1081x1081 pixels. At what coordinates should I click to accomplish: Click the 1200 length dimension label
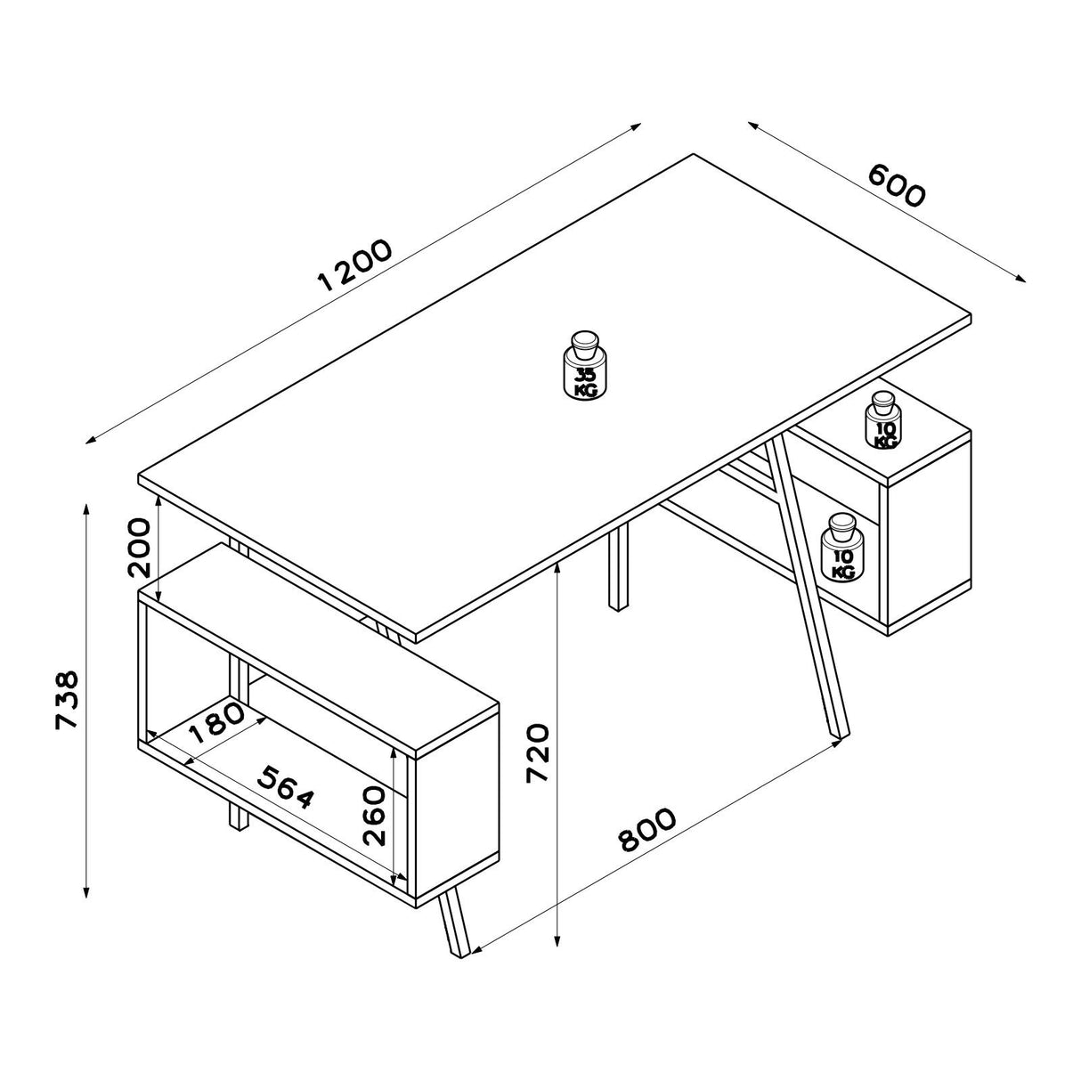(354, 266)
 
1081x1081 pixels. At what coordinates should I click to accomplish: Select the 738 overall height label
(67, 700)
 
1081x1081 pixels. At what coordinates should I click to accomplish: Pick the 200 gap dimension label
(139, 548)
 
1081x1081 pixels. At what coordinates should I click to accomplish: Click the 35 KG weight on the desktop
(586, 365)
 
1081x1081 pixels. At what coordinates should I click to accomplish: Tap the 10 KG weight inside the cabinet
(841, 547)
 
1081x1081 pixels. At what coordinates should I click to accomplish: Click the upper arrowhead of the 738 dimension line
(85, 508)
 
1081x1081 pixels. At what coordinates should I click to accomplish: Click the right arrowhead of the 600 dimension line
(1020, 280)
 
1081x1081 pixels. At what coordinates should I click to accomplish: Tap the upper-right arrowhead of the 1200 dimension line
(636, 126)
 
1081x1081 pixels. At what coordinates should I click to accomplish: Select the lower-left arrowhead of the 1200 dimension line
(91, 441)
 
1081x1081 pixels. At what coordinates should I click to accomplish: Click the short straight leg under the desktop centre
(618, 569)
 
